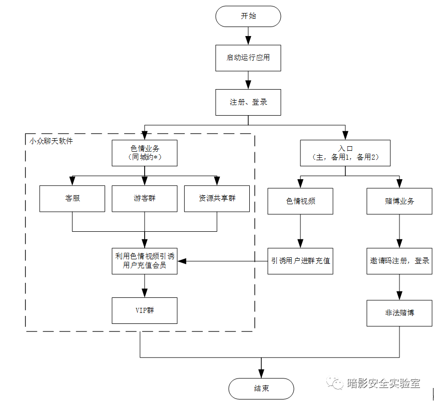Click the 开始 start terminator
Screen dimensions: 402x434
point(248,16)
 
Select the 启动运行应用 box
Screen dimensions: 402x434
point(248,58)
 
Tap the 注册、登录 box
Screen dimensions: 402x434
point(248,102)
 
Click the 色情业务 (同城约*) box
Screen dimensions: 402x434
point(145,153)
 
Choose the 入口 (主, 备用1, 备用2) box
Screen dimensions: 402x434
point(345,153)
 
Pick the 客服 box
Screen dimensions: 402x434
point(73,198)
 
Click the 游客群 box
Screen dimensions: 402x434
point(145,198)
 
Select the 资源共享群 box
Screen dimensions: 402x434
point(217,198)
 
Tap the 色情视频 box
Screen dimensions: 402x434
point(300,201)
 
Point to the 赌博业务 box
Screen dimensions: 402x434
point(399,201)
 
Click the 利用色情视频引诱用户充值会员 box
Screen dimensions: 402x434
point(145,261)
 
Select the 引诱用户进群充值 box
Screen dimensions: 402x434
point(300,261)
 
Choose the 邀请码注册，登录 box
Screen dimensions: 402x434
point(399,261)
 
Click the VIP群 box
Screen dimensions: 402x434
point(145,310)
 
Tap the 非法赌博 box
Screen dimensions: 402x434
point(399,313)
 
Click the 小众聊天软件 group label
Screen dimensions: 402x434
point(51,142)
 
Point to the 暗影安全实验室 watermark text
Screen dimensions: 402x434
point(383,383)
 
